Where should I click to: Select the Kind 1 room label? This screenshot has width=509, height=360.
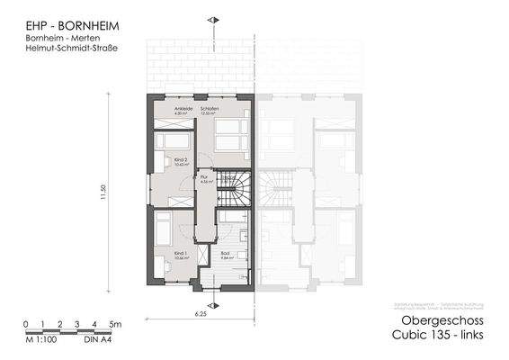pos(180,255)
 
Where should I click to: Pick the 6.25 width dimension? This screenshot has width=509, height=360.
pos(203,315)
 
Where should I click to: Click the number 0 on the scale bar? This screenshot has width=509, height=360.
pos(26,323)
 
